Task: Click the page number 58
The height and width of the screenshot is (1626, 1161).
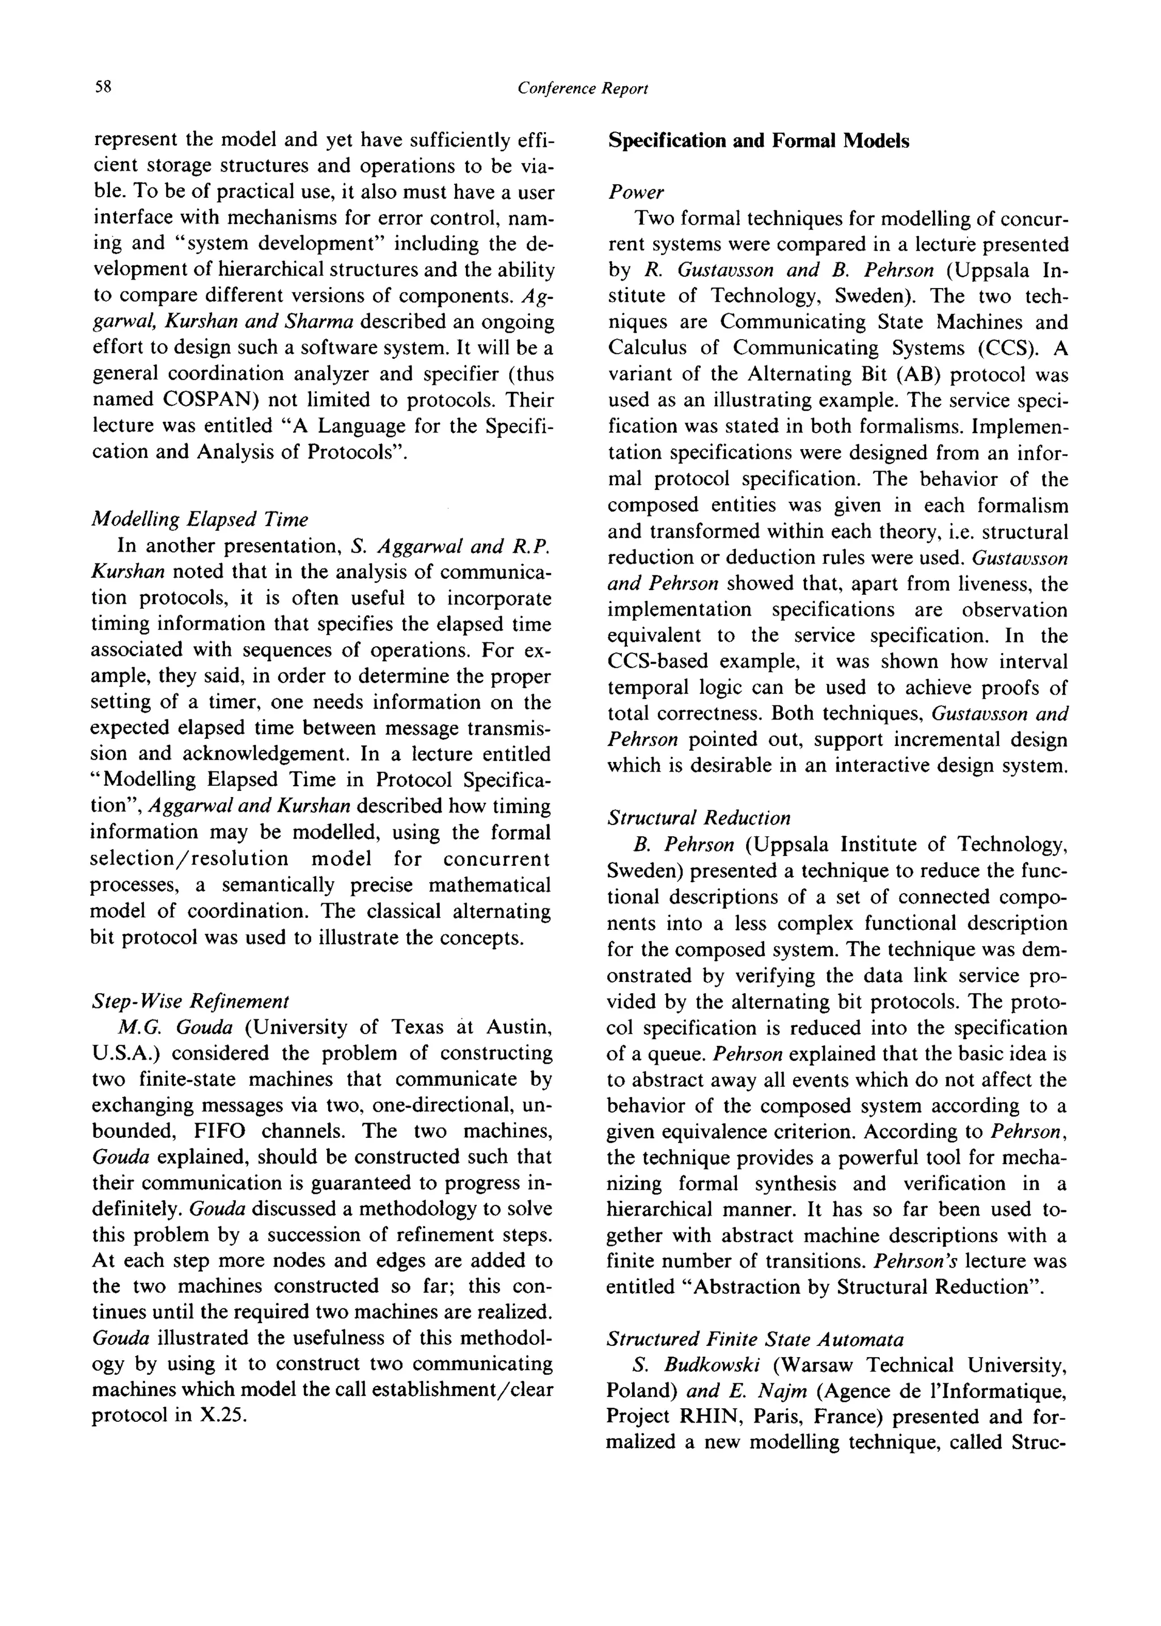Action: [x=103, y=87]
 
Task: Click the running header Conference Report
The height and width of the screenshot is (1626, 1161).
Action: [x=582, y=88]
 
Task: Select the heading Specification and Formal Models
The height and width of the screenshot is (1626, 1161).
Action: [x=758, y=141]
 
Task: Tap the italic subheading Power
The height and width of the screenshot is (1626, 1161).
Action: [x=635, y=192]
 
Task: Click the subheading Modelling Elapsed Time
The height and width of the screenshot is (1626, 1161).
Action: [x=200, y=518]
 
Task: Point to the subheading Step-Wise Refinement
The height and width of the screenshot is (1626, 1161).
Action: [x=190, y=1000]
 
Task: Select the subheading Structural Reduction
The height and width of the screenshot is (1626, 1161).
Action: [x=698, y=818]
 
